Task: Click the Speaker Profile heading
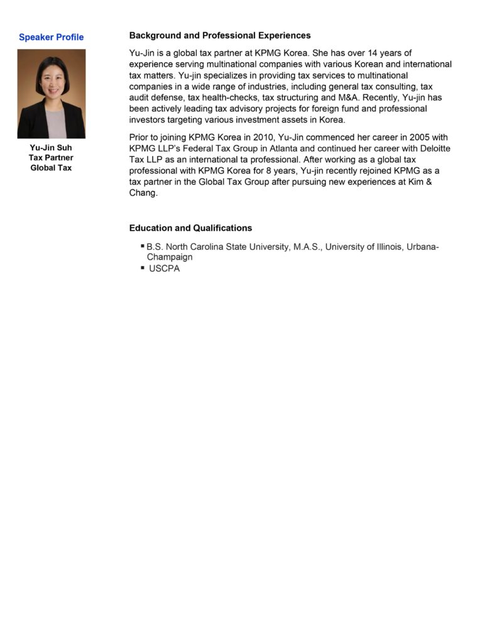click(x=51, y=37)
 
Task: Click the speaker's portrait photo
click(x=51, y=94)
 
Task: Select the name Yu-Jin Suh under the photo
click(x=51, y=148)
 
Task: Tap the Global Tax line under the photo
click(x=51, y=168)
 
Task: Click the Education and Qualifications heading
click(x=190, y=228)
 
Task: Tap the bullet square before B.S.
click(x=142, y=246)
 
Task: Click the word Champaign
click(x=170, y=257)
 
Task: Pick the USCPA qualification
click(x=164, y=269)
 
